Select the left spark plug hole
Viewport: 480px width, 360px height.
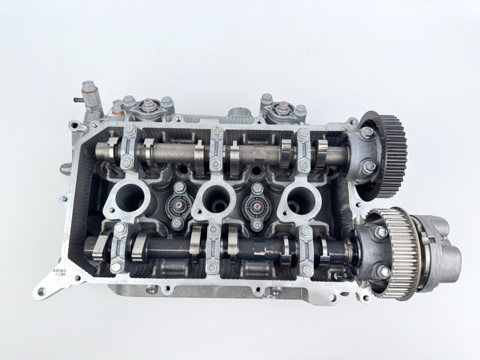pos(127,197)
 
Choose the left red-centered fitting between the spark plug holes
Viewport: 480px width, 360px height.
pos(179,205)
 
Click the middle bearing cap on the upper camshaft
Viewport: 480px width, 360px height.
pos(216,148)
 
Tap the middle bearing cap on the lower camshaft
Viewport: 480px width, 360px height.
pos(213,248)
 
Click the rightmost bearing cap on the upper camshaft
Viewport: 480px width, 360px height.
pos(304,150)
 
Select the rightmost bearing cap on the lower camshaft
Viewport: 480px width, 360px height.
pos(306,250)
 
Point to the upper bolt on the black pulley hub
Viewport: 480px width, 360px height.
pos(367,133)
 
